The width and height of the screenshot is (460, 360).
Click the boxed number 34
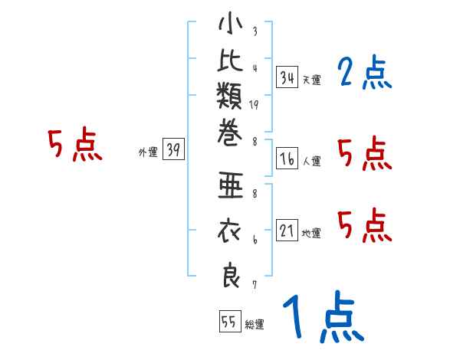(287, 77)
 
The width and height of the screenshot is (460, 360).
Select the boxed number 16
(287, 159)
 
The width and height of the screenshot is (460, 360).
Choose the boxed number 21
(287, 231)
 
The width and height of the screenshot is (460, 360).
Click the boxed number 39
(173, 150)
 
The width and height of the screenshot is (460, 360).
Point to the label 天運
(311, 80)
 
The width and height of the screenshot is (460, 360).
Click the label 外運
(148, 152)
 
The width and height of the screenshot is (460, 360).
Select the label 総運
(255, 325)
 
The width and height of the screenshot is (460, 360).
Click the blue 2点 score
(364, 74)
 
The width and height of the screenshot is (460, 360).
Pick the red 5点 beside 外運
(74, 145)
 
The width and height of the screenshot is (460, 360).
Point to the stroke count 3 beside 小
(254, 32)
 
